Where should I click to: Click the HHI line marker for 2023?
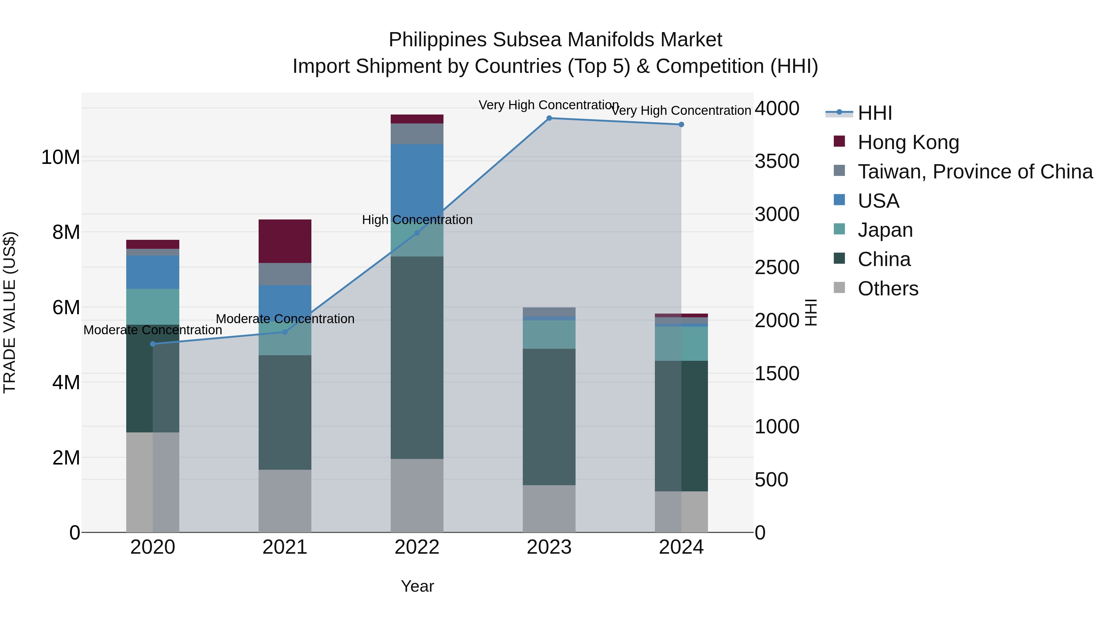point(549,118)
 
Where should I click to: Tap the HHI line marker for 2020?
point(153,344)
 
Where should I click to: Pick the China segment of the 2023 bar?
point(549,417)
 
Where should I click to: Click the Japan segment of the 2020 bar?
point(153,307)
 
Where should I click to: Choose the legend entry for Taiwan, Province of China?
point(975,172)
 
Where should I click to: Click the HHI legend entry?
point(874,113)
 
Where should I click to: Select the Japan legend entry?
point(885,230)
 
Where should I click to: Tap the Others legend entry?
point(888,289)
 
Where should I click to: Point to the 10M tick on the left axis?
point(60,157)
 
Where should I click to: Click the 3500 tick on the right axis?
point(777,161)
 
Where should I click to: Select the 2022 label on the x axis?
point(417,547)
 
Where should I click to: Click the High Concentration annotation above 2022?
point(417,220)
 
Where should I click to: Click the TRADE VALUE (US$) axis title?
point(10,312)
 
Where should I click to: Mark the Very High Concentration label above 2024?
point(681,111)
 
